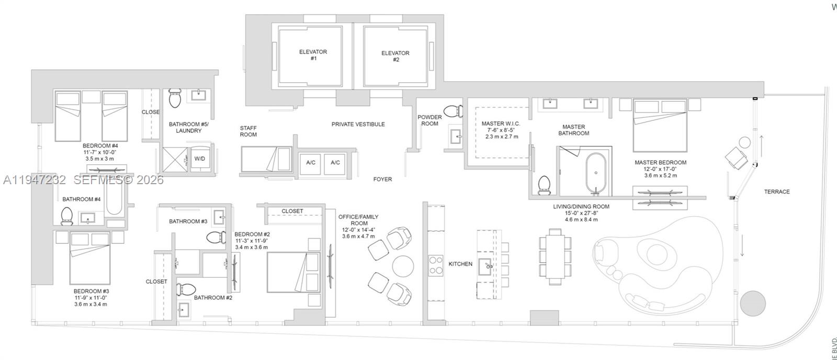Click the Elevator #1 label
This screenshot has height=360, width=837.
[x=313, y=55]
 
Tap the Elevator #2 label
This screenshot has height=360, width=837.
[x=395, y=56]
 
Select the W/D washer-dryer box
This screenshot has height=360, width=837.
[x=199, y=158]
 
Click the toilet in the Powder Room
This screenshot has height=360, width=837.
[x=453, y=111]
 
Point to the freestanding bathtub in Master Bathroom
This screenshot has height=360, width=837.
[x=596, y=173]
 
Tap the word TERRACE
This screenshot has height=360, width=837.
[x=776, y=192]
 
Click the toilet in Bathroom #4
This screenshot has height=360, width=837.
[x=66, y=216]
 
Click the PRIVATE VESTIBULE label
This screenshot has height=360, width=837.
[x=358, y=125]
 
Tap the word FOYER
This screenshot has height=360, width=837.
[x=382, y=179]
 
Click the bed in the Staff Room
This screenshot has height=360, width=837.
[x=265, y=160]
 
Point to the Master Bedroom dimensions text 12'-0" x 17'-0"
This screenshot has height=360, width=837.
[x=660, y=169]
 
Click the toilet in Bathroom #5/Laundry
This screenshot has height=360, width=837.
[x=175, y=98]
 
